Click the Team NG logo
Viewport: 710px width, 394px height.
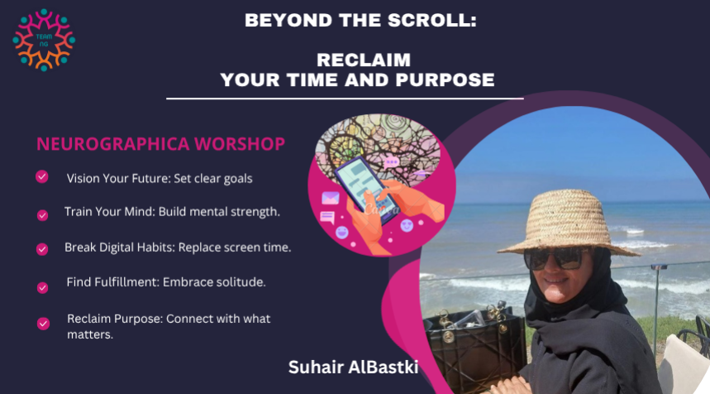[44, 40]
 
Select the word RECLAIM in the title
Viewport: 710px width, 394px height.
[364, 60]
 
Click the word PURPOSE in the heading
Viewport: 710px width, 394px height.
[445, 80]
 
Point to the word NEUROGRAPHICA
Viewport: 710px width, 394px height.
[112, 144]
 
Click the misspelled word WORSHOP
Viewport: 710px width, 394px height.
[240, 144]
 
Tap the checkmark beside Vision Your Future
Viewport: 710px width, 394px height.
[42, 176]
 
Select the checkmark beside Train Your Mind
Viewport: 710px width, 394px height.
[42, 215]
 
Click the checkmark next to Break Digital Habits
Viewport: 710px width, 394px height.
[42, 249]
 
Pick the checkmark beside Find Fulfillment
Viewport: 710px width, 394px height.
[42, 287]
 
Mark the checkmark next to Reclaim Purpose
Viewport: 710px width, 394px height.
[43, 324]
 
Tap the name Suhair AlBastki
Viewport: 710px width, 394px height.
[353, 368]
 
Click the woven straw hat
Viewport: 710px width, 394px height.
[569, 224]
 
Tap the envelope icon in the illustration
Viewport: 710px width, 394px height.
[331, 198]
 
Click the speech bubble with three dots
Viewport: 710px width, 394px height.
[391, 162]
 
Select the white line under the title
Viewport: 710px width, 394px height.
[345, 98]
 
